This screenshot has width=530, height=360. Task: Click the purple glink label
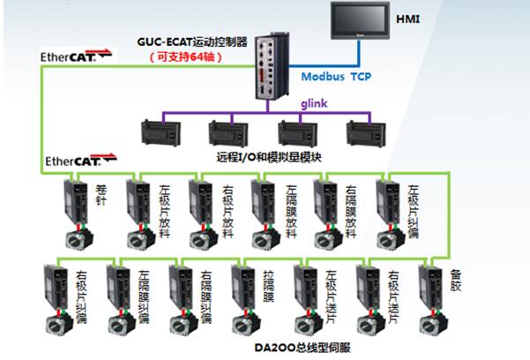327,103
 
